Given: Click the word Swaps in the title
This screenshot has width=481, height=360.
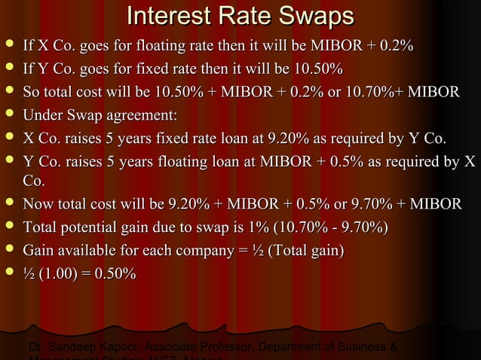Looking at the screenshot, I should point(302,16).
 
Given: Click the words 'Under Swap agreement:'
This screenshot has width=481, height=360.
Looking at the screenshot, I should point(100,116).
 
